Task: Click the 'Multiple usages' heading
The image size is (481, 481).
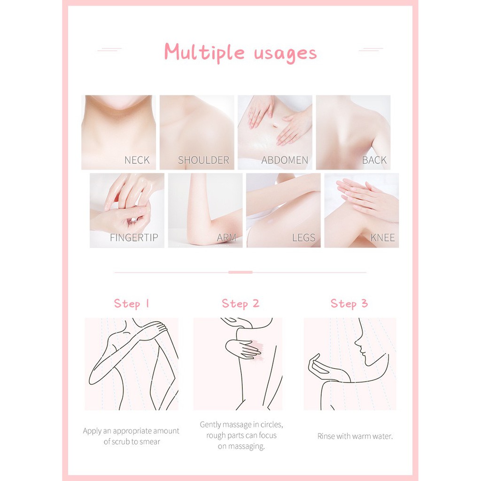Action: [240, 53]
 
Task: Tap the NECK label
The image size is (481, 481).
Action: [137, 160]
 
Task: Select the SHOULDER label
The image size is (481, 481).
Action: [204, 160]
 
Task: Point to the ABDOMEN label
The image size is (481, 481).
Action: [285, 160]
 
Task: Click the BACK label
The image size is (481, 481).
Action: [374, 160]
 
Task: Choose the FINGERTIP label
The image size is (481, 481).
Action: [134, 237]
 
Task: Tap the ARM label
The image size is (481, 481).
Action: [226, 237]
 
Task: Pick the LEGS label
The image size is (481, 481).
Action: [304, 237]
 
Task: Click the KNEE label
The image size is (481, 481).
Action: [382, 237]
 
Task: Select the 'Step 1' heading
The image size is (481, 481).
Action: [132, 304]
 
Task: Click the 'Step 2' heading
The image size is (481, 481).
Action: [240, 304]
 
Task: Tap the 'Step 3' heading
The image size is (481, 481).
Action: [349, 304]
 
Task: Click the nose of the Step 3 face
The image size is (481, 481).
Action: [357, 342]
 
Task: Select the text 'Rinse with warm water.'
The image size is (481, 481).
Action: [355, 436]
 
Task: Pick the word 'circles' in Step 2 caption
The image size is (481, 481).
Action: [272, 425]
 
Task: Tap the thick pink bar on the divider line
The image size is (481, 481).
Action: [240, 272]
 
